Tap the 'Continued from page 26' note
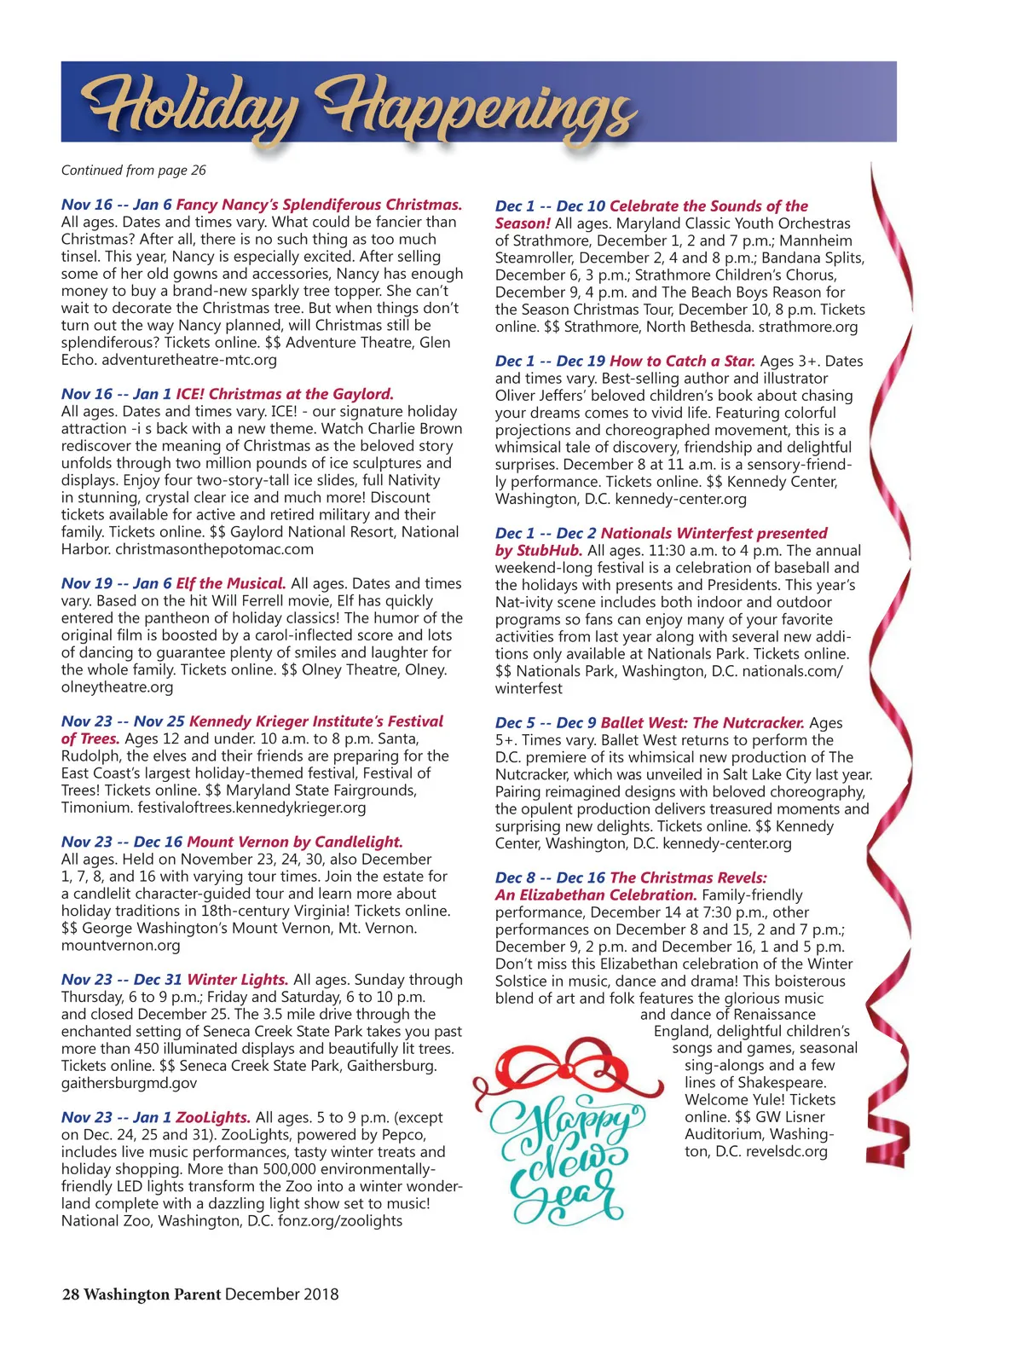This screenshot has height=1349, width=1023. point(134,171)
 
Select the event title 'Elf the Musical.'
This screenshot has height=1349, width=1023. point(231,584)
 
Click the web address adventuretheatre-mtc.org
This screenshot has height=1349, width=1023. point(189,360)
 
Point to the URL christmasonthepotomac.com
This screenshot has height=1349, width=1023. point(214,549)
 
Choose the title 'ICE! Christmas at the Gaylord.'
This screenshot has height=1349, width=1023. point(285,394)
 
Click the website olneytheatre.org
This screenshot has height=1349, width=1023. point(117,687)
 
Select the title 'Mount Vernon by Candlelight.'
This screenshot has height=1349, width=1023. point(295,842)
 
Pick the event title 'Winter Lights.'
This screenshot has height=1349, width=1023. point(238,980)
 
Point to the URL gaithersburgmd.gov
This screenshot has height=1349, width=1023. point(129,1083)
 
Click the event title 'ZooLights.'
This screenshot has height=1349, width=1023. point(213,1117)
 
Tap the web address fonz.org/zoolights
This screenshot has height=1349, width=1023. point(338,1221)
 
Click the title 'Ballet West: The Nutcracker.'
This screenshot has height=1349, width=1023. point(702,723)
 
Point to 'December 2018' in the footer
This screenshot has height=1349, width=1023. point(282,1294)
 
